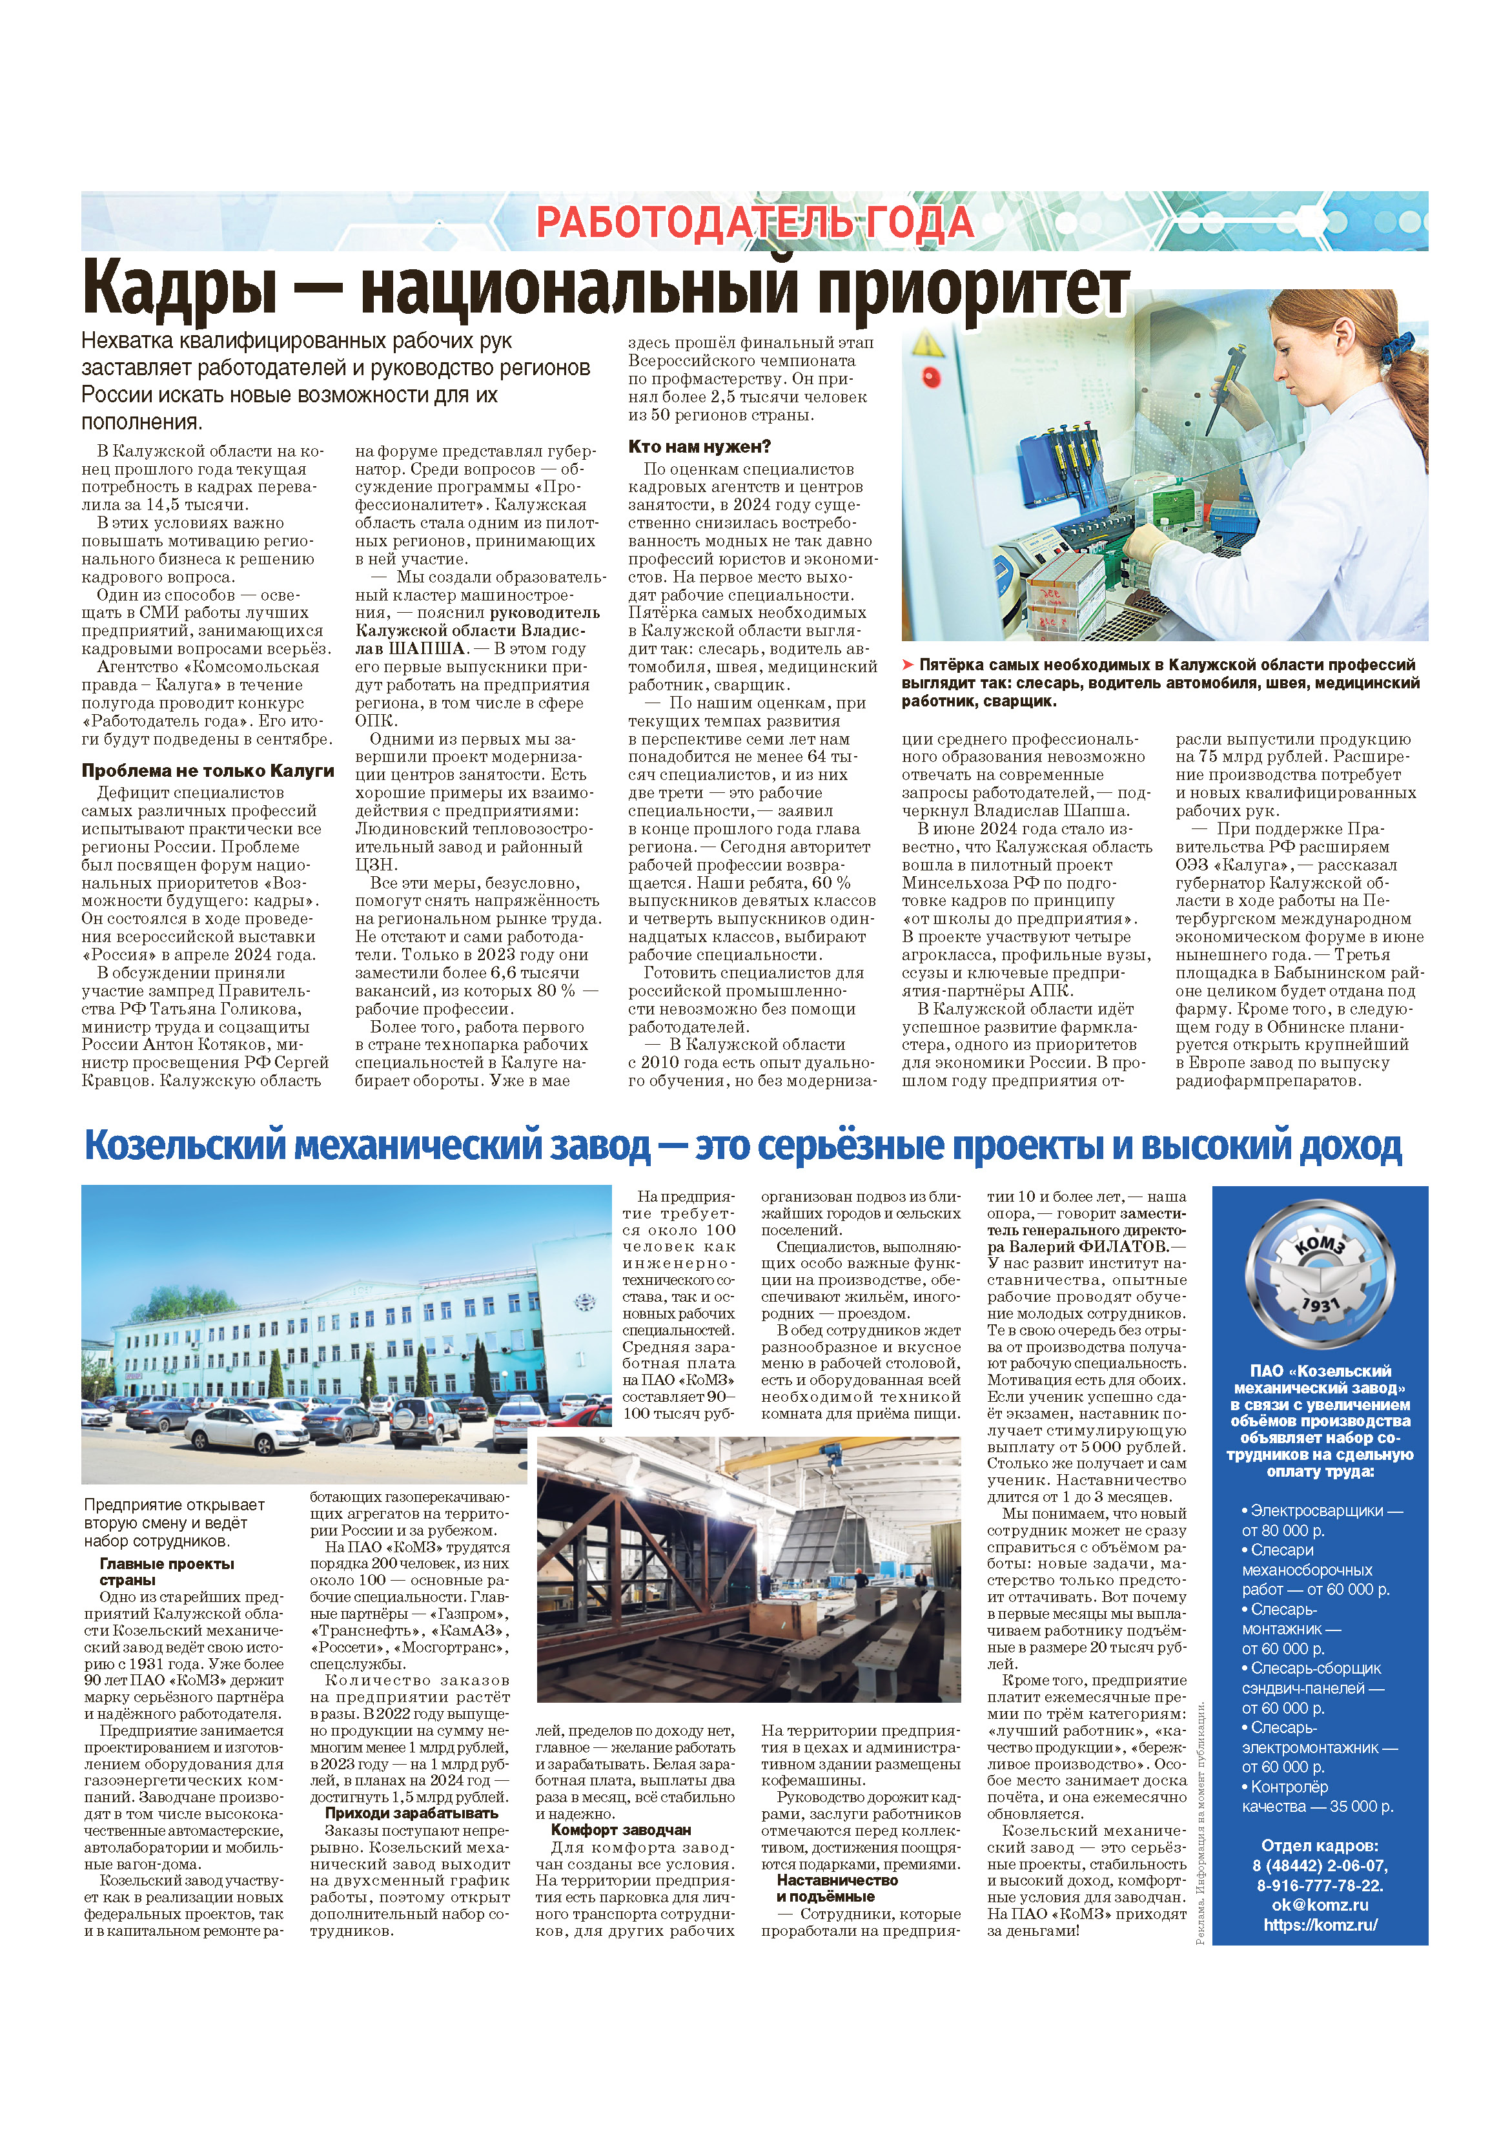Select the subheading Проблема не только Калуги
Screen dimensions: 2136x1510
[x=207, y=770]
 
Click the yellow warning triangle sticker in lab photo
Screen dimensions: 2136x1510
[x=926, y=344]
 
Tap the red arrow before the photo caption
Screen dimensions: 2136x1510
[x=908, y=665]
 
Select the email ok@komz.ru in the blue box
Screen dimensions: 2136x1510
[x=1320, y=1904]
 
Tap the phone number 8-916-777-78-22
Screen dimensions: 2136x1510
[x=1320, y=1885]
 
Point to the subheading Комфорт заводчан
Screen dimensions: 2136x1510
[x=620, y=1830]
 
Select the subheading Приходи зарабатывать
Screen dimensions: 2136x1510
[x=411, y=1813]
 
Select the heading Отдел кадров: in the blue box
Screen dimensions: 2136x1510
[x=1320, y=1845]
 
